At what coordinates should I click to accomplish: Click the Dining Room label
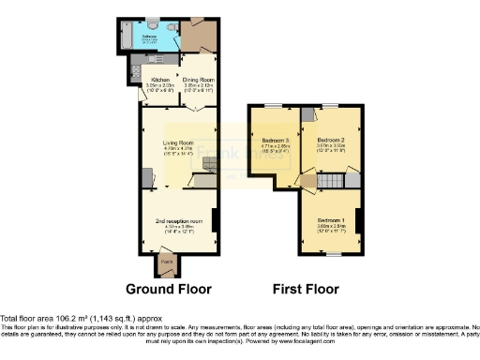pyautogui.click(x=199, y=80)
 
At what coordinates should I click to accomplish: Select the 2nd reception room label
pyautogui.click(x=178, y=221)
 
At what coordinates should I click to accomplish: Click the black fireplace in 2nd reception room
pyautogui.click(x=216, y=220)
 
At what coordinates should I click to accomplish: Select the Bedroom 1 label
pyautogui.click(x=331, y=220)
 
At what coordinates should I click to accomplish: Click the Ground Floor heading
pyautogui.click(x=169, y=289)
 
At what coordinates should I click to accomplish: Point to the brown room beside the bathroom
pyautogui.click(x=199, y=36)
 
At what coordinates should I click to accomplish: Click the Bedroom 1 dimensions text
pyautogui.click(x=331, y=227)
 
